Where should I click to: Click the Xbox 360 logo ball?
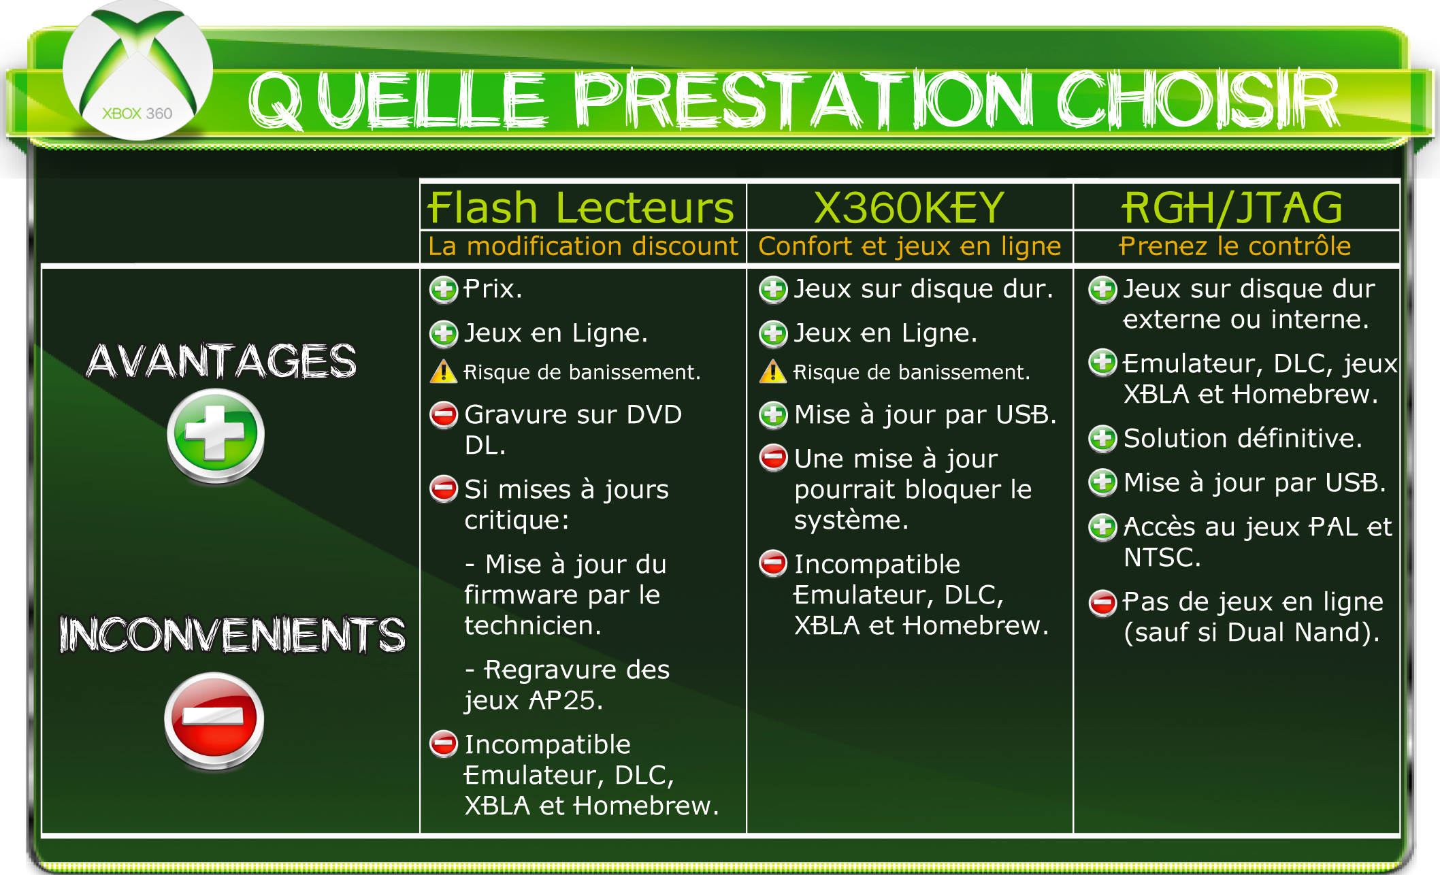pyautogui.click(x=138, y=70)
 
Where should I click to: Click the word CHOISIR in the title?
pyautogui.click(x=1198, y=101)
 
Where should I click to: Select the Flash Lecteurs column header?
pyautogui.click(x=580, y=208)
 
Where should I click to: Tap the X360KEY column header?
pyautogui.click(x=909, y=208)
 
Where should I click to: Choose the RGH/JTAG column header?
pyautogui.click(x=1232, y=208)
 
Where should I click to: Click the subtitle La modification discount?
pyautogui.click(x=583, y=246)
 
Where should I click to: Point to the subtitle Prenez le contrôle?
pyautogui.click(x=1235, y=246)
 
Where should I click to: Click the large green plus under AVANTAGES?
pyautogui.click(x=216, y=435)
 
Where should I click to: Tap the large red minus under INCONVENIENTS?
pyautogui.click(x=214, y=721)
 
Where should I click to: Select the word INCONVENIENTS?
pyautogui.click(x=232, y=634)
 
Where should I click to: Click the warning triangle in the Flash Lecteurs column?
pyautogui.click(x=443, y=372)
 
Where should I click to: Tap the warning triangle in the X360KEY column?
pyautogui.click(x=773, y=372)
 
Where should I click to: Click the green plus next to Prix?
pyautogui.click(x=444, y=289)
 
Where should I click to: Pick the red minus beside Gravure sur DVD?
pyautogui.click(x=444, y=414)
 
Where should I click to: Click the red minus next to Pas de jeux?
pyautogui.click(x=1102, y=602)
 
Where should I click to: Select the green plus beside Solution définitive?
pyautogui.click(x=1102, y=439)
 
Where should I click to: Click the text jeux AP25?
pyautogui.click(x=534, y=701)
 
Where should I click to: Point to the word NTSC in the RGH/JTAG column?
pyautogui.click(x=1162, y=558)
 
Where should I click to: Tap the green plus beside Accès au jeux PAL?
pyautogui.click(x=1102, y=527)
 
